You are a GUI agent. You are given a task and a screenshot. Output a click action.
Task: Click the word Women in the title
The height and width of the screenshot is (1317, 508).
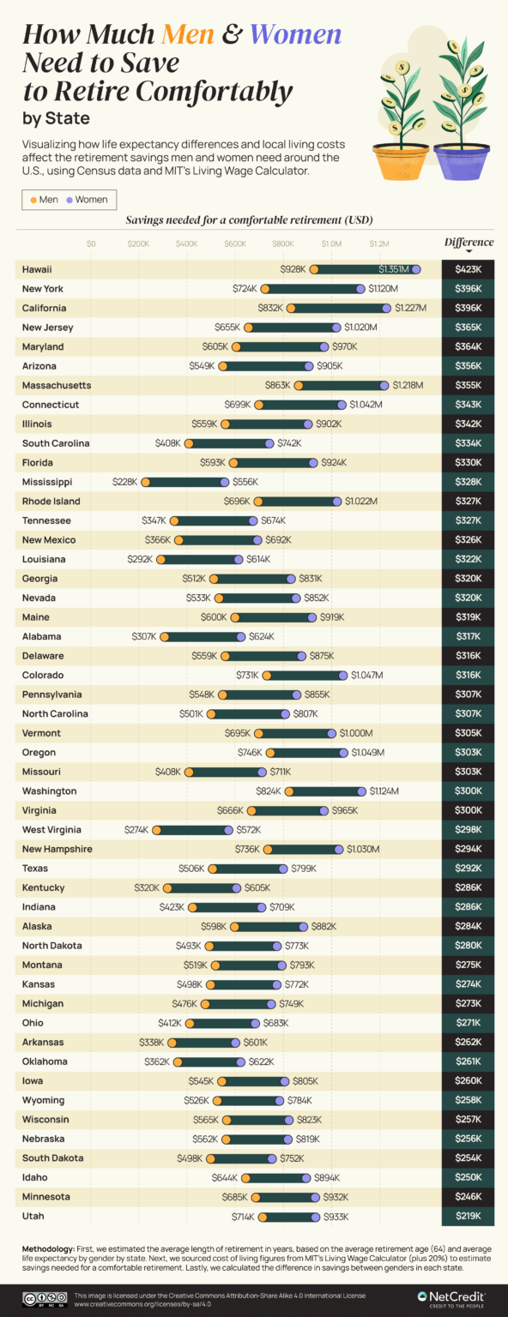coord(296,35)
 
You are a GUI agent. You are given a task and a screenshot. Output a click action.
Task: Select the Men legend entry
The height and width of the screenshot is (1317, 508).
coord(44,200)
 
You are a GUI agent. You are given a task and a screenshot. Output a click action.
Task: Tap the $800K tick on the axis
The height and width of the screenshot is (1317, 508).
coord(283,244)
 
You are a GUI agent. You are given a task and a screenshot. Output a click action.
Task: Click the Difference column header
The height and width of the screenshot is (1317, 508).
coord(469,243)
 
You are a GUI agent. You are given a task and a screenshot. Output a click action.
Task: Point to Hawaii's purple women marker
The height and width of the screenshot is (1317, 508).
coord(416,269)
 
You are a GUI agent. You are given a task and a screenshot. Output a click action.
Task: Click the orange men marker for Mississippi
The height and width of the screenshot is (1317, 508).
coord(145,482)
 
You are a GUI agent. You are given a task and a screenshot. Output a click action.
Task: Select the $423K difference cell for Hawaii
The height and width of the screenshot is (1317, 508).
coord(468,269)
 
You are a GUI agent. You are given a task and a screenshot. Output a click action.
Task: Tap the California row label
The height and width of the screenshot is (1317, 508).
coord(44,308)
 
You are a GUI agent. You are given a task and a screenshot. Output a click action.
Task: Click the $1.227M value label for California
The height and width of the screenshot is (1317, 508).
coord(410,308)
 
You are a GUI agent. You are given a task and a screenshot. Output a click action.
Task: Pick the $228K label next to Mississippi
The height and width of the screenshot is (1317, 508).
coord(124,482)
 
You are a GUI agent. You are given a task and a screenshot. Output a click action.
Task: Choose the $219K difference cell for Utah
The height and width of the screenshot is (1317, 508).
coord(468,1216)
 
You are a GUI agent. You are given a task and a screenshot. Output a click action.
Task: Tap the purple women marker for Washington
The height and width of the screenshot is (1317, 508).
coord(362,791)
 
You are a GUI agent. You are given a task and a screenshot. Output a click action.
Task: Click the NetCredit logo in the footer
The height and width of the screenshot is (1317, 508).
coord(451,1298)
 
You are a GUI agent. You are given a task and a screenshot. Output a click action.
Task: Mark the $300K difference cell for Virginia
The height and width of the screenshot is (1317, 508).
coord(468,810)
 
